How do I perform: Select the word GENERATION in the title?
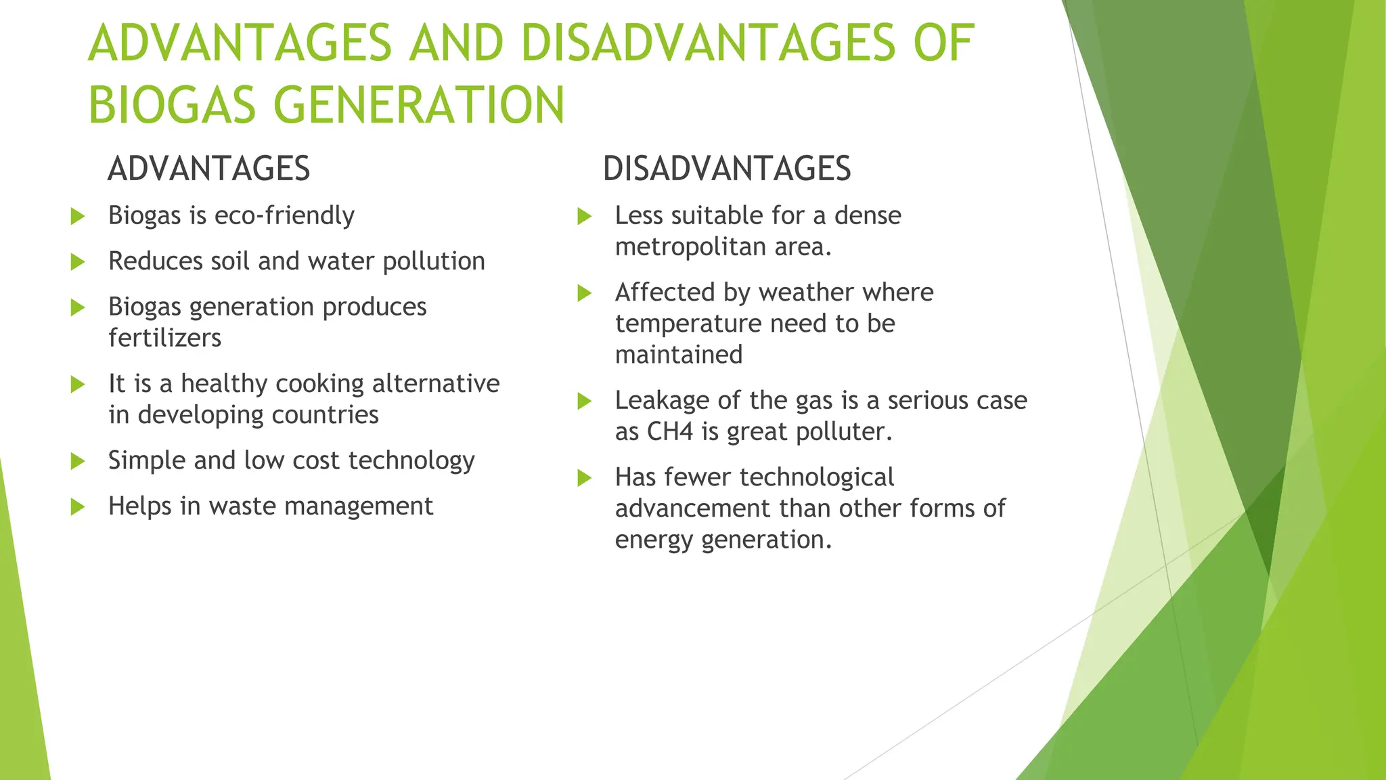tap(419, 106)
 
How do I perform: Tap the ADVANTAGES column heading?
tap(208, 169)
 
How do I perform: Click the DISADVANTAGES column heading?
tap(726, 169)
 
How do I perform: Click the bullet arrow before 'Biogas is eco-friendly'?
tap(78, 217)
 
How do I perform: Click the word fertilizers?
tap(164, 338)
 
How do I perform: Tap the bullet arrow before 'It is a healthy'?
tap(78, 385)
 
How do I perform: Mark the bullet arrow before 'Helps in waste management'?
tap(78, 506)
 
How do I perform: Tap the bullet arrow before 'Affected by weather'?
tap(584, 293)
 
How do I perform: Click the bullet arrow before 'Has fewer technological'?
tap(584, 478)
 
